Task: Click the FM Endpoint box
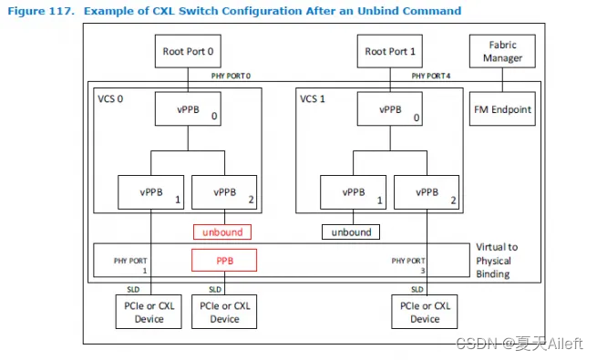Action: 502,109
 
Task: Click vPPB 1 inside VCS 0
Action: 151,193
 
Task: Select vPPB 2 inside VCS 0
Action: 224,193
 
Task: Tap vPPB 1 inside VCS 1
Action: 351,193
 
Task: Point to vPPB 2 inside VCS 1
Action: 425,193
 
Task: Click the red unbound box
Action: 221,232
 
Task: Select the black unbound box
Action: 351,232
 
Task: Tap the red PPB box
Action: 224,260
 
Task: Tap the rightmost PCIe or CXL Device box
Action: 425,314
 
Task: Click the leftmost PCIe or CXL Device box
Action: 151,314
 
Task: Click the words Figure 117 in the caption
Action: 40,11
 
